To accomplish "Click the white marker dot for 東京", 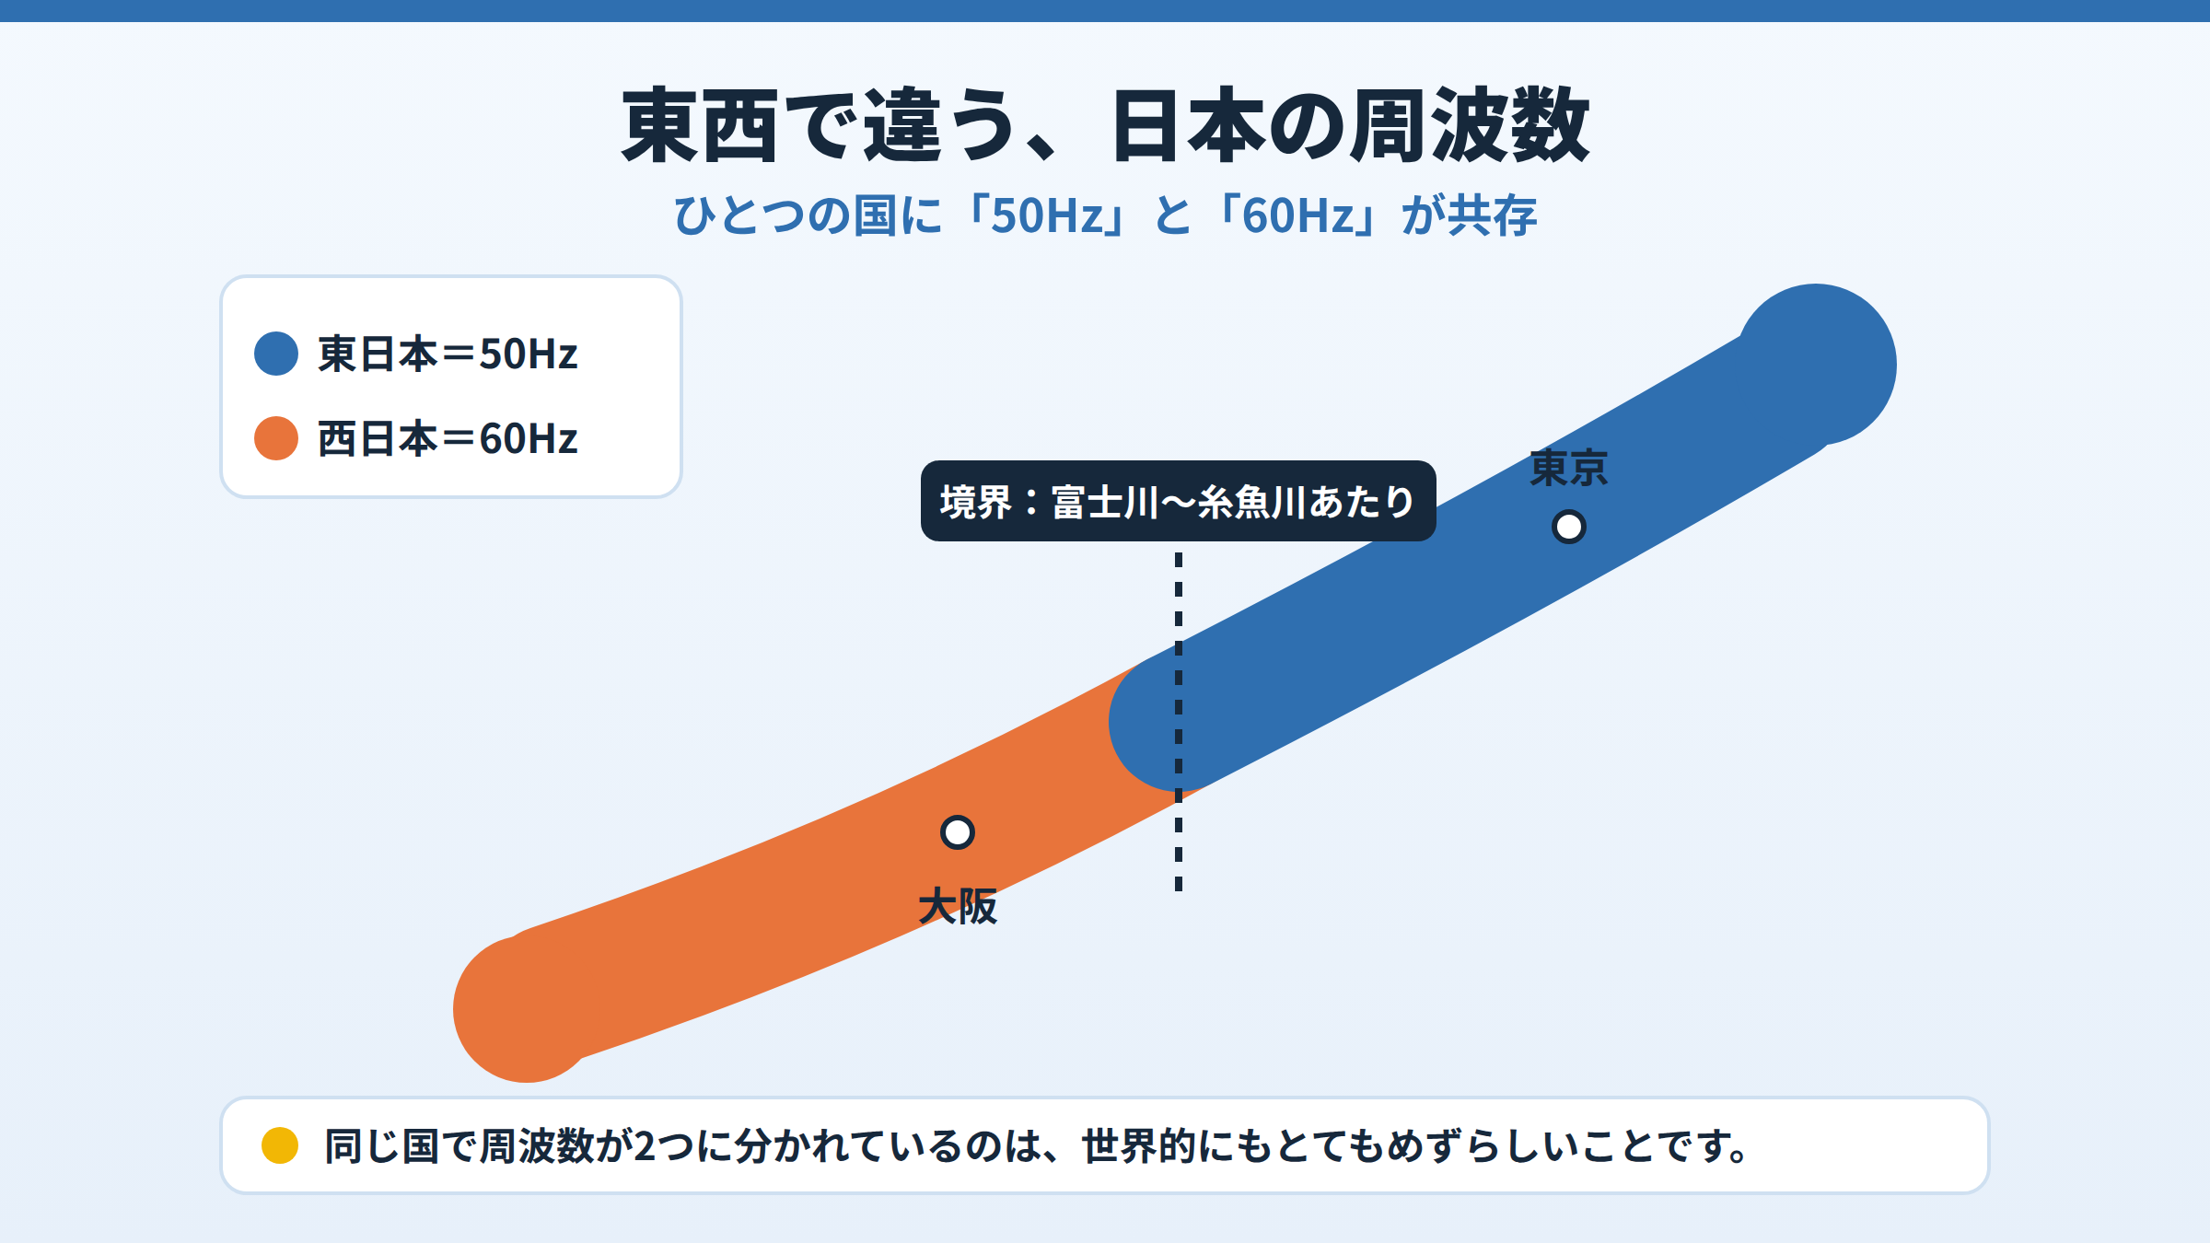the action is point(1569,527).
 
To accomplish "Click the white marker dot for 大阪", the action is point(958,832).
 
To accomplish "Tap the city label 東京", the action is point(1569,469).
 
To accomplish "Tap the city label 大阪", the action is point(958,907).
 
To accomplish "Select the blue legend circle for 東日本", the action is point(276,354).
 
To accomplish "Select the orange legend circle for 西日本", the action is point(276,438).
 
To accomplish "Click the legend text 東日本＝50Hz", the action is point(448,354).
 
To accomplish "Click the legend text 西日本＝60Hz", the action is point(448,438).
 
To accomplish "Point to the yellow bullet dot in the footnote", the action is point(280,1145).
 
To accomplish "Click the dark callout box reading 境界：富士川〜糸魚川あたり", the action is point(1179,501).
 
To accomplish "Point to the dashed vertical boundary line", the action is point(1179,722).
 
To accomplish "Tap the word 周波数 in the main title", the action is point(1470,125).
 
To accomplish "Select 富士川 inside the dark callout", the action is point(1105,502).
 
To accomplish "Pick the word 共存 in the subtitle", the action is point(1492,215).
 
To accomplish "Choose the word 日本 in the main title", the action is point(1189,125).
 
